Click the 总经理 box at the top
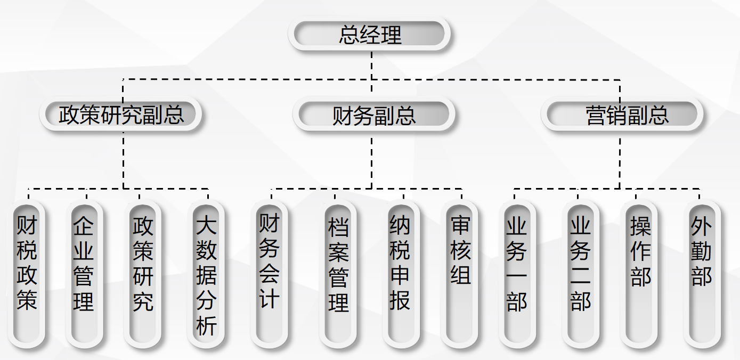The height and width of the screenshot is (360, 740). [x=370, y=35]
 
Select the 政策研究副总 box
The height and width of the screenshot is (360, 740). [x=121, y=114]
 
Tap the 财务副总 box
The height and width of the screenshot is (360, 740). [x=374, y=115]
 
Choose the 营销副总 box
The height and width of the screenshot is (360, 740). [x=622, y=115]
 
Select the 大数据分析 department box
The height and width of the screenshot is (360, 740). [x=206, y=274]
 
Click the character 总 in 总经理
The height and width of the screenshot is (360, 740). [x=349, y=35]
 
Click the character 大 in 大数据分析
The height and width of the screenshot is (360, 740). [x=206, y=226]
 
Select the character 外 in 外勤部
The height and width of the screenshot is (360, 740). [x=702, y=226]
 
